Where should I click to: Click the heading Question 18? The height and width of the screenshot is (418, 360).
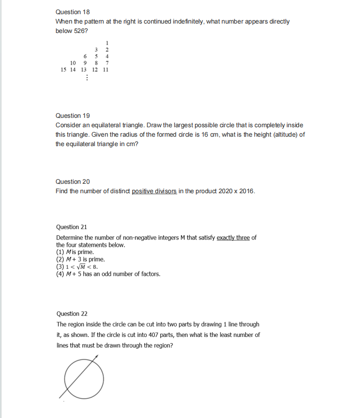point(73,12)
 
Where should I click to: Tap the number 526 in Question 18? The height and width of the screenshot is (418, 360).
point(80,31)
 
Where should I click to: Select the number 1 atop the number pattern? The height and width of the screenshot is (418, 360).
point(107,43)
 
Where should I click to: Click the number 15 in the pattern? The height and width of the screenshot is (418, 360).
point(64,69)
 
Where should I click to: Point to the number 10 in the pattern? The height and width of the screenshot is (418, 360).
point(73,63)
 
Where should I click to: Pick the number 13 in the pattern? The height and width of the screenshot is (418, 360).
point(84,69)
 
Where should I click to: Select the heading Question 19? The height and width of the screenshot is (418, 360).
point(73,115)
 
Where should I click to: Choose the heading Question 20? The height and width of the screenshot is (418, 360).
point(73,181)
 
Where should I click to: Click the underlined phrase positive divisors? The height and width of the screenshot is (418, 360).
point(155,191)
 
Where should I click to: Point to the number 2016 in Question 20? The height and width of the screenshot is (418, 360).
point(245,191)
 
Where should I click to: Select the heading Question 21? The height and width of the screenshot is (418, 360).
point(73,227)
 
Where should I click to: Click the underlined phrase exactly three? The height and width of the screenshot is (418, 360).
point(233,238)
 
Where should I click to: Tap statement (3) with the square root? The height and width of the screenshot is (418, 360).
point(77,266)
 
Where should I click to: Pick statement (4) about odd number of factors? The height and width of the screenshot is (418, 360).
point(108,273)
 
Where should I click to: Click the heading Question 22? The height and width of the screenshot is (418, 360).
point(73,314)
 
